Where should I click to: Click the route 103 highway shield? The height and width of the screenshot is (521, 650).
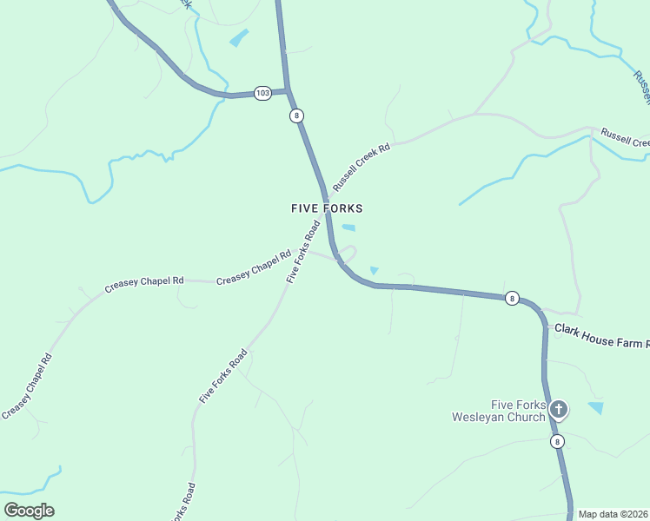click(262, 92)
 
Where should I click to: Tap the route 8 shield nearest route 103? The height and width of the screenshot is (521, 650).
click(297, 115)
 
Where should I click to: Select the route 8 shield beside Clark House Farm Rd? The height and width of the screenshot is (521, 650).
click(512, 299)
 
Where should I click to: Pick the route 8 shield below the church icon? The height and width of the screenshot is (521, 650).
click(557, 442)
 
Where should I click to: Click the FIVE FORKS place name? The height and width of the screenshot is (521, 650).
click(327, 208)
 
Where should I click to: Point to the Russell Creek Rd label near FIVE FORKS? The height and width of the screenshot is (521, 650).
click(361, 167)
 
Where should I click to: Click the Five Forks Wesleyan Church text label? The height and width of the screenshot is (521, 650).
click(499, 411)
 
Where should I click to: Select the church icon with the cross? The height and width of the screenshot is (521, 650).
click(559, 409)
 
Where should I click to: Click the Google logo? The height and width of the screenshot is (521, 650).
click(29, 511)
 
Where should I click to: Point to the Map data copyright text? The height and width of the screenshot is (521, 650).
click(613, 514)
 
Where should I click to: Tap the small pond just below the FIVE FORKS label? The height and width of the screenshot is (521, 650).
click(348, 228)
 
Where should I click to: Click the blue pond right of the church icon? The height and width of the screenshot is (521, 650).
click(596, 407)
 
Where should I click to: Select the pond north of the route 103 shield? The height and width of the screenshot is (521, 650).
click(238, 38)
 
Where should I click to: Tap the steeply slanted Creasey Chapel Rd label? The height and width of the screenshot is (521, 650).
click(28, 386)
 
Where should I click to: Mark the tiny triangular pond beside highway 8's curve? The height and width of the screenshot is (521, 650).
click(374, 271)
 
